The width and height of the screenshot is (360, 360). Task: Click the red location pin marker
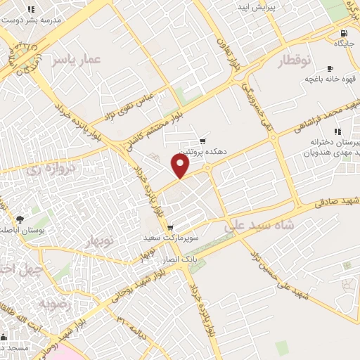(x=181, y=166)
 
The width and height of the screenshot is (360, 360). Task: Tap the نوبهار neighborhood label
(x=99, y=241)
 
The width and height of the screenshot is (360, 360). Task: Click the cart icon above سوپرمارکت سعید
(x=170, y=228)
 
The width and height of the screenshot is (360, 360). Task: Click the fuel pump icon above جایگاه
(x=343, y=33)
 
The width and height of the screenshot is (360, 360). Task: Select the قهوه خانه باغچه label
(x=328, y=79)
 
